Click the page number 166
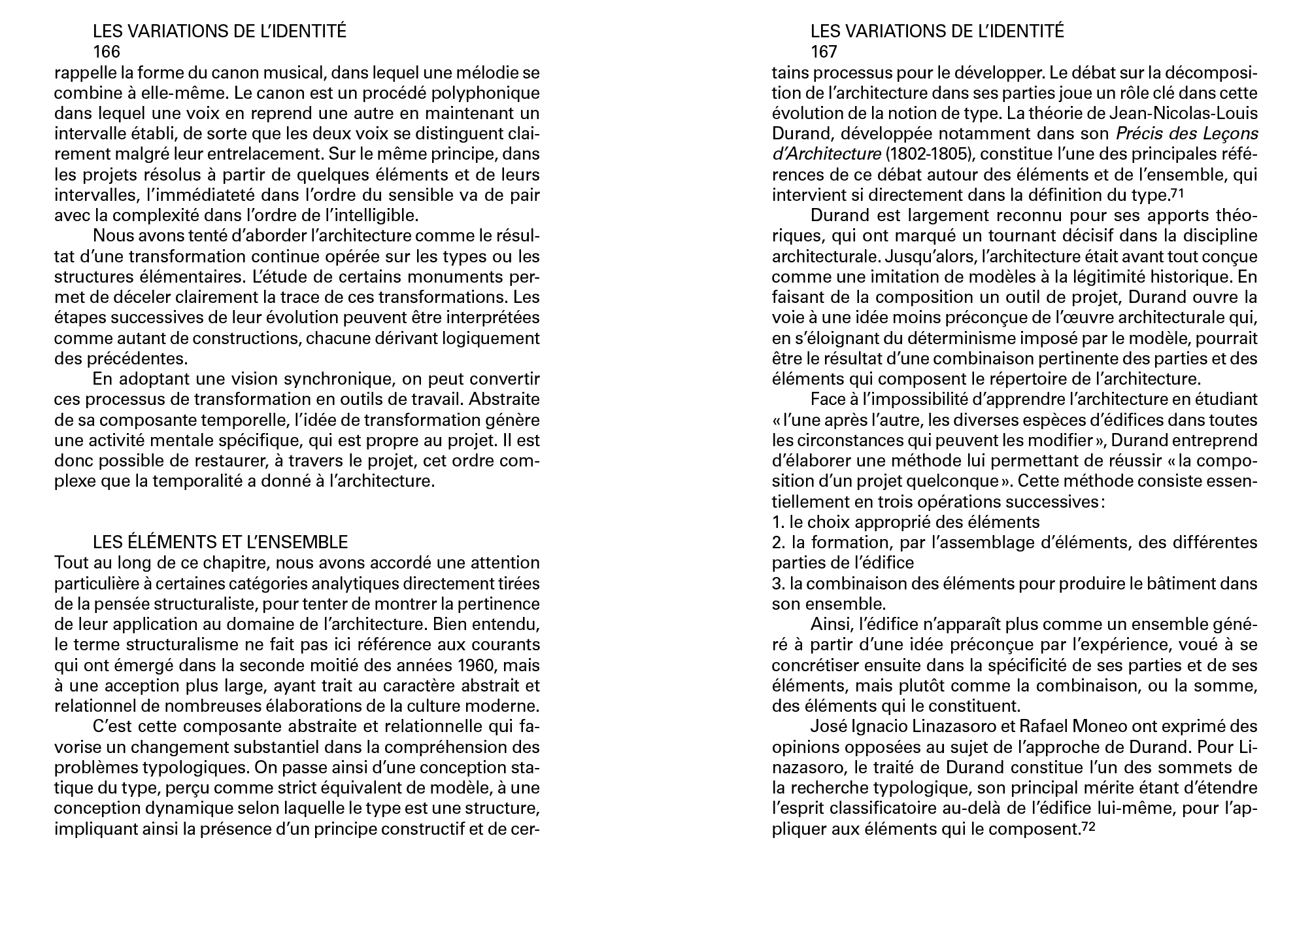click(107, 52)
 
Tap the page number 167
click(824, 52)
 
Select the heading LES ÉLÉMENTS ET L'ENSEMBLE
click(220, 542)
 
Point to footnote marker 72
click(1087, 827)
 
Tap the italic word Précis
click(1138, 134)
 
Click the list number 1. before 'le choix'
click(778, 522)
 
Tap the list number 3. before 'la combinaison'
click(778, 584)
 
